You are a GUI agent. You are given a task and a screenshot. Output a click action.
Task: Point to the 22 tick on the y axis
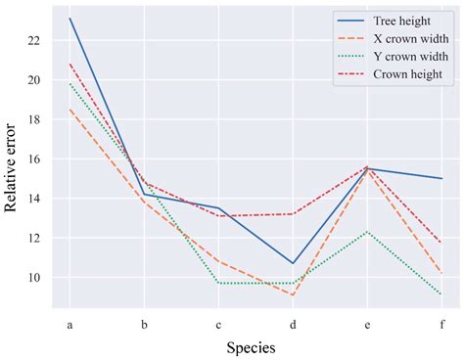35,40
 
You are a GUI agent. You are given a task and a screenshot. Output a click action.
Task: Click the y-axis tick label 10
35,278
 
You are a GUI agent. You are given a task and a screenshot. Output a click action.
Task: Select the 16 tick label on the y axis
35,159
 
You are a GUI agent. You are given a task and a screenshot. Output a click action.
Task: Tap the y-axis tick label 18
35,119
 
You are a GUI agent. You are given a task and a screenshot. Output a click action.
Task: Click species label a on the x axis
70,324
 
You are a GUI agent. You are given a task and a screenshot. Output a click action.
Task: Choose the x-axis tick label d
293,324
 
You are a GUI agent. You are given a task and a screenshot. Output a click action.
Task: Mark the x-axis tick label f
441,324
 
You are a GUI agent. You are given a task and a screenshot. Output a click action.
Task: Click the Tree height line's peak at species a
70,19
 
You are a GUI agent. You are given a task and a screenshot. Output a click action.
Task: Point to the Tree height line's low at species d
293,263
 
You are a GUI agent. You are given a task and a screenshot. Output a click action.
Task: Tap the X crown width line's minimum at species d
293,295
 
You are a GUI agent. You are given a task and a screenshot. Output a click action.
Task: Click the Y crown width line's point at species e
367,232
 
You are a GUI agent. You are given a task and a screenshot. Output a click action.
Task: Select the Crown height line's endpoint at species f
441,243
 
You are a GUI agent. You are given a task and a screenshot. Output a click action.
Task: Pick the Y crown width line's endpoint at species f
441,294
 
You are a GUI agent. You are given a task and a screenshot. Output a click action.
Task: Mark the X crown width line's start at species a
70,110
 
